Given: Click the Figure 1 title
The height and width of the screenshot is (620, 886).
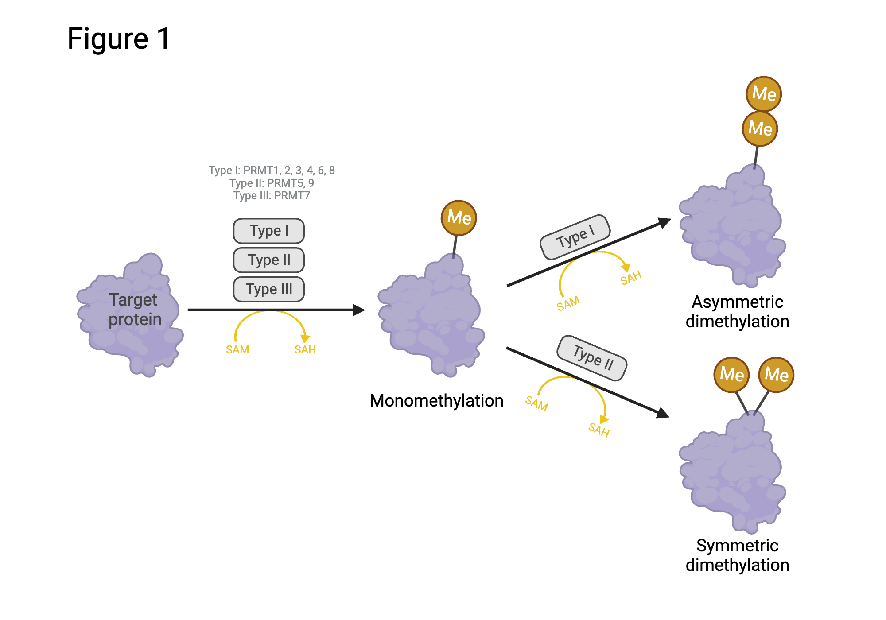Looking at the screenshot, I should [119, 39].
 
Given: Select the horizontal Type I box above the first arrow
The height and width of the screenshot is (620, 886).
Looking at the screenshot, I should [268, 231].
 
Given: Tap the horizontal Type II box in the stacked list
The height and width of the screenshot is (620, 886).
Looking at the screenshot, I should [268, 260].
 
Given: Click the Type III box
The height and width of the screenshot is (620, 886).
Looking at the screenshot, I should [268, 289].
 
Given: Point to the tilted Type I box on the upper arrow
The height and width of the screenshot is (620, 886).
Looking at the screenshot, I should [575, 237].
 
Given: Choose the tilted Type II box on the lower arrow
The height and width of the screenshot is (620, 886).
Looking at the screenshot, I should [592, 358].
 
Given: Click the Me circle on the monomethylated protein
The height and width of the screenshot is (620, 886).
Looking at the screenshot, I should [459, 217].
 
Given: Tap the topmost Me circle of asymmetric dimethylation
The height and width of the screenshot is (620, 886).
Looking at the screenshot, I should [764, 94].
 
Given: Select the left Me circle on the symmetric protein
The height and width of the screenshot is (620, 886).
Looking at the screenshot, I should [732, 375].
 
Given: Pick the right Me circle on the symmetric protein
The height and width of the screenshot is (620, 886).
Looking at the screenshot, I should [776, 375].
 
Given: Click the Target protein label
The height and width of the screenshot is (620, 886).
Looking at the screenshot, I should [134, 310].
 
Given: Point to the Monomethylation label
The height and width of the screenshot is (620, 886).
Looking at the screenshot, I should [436, 401].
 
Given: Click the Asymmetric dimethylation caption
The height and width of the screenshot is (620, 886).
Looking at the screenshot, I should [737, 312].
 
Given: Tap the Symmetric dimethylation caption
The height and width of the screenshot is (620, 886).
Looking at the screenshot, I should [737, 555].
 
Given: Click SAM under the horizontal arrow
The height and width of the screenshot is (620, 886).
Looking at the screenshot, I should [237, 350].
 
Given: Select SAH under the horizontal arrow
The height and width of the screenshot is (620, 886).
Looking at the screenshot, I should [305, 350].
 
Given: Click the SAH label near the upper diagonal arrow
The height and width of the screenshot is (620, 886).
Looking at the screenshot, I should [630, 278].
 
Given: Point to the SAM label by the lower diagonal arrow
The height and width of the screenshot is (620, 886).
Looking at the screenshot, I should [536, 403].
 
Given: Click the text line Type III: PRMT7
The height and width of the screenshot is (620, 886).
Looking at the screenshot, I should [272, 196].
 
